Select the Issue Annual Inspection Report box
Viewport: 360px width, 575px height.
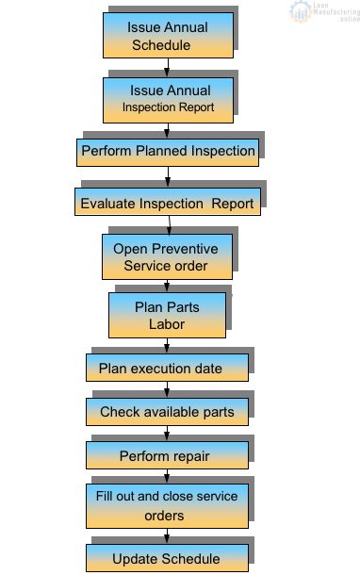tap(167, 99)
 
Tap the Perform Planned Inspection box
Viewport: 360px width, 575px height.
tap(167, 151)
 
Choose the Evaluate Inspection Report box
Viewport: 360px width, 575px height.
tap(167, 203)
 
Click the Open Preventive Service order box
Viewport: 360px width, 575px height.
tap(167, 256)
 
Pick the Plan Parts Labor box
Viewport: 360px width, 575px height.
tap(167, 315)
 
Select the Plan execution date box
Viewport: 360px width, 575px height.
tap(167, 369)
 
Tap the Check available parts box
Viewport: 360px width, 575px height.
tap(167, 412)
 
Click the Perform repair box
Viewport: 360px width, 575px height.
tap(167, 456)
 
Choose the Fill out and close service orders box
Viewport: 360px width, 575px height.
tap(167, 505)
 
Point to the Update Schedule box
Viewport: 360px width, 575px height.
tap(167, 558)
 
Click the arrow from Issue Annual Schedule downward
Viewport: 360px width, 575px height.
tap(167, 68)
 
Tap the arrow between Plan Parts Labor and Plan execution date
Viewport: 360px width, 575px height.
tap(167, 346)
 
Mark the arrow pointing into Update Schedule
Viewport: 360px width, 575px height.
tap(167, 536)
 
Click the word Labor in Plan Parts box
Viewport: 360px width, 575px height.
tap(166, 323)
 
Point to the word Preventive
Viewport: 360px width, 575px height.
tap(185, 249)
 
